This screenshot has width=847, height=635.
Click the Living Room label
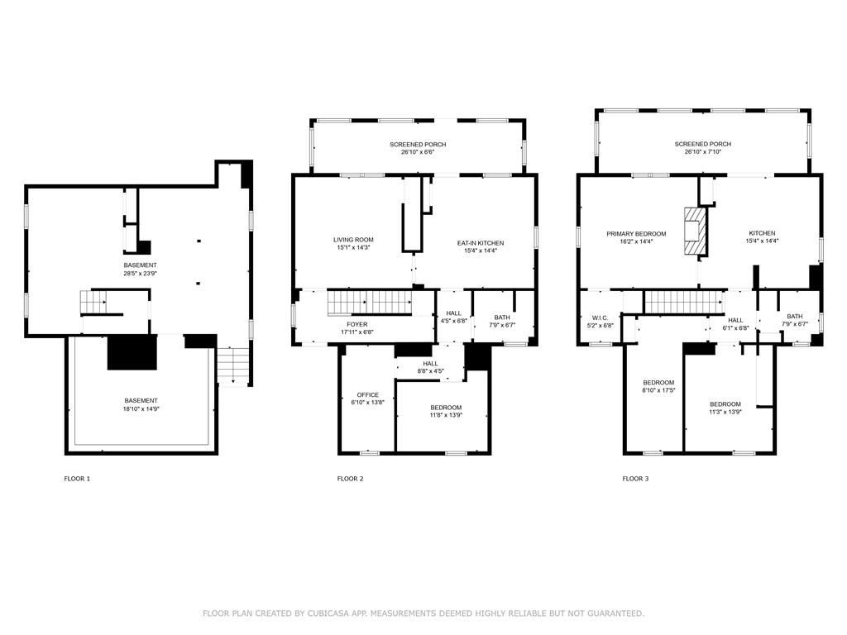click(353, 240)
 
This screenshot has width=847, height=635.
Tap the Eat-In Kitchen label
click(481, 243)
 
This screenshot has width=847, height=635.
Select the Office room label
click(368, 394)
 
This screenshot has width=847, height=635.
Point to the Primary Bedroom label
click(636, 234)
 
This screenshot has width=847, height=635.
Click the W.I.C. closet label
click(601, 318)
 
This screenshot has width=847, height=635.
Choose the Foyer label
click(357, 324)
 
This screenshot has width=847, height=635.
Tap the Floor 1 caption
click(77, 479)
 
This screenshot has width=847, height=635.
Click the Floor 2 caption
click(350, 479)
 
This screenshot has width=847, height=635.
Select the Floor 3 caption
click(635, 479)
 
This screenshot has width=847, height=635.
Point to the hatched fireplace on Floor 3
click(695, 232)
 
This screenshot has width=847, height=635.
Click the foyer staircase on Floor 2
click(370, 303)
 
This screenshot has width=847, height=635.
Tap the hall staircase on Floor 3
click(684, 302)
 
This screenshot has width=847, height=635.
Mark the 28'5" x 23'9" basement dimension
click(140, 273)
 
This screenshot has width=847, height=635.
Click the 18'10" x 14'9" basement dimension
click(141, 408)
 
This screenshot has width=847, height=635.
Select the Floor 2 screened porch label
click(418, 144)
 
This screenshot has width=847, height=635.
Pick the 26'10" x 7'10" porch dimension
click(703, 152)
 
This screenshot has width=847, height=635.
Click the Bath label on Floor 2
click(502, 317)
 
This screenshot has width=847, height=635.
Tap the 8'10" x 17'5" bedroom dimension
click(658, 390)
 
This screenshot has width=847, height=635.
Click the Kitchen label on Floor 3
click(762, 233)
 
